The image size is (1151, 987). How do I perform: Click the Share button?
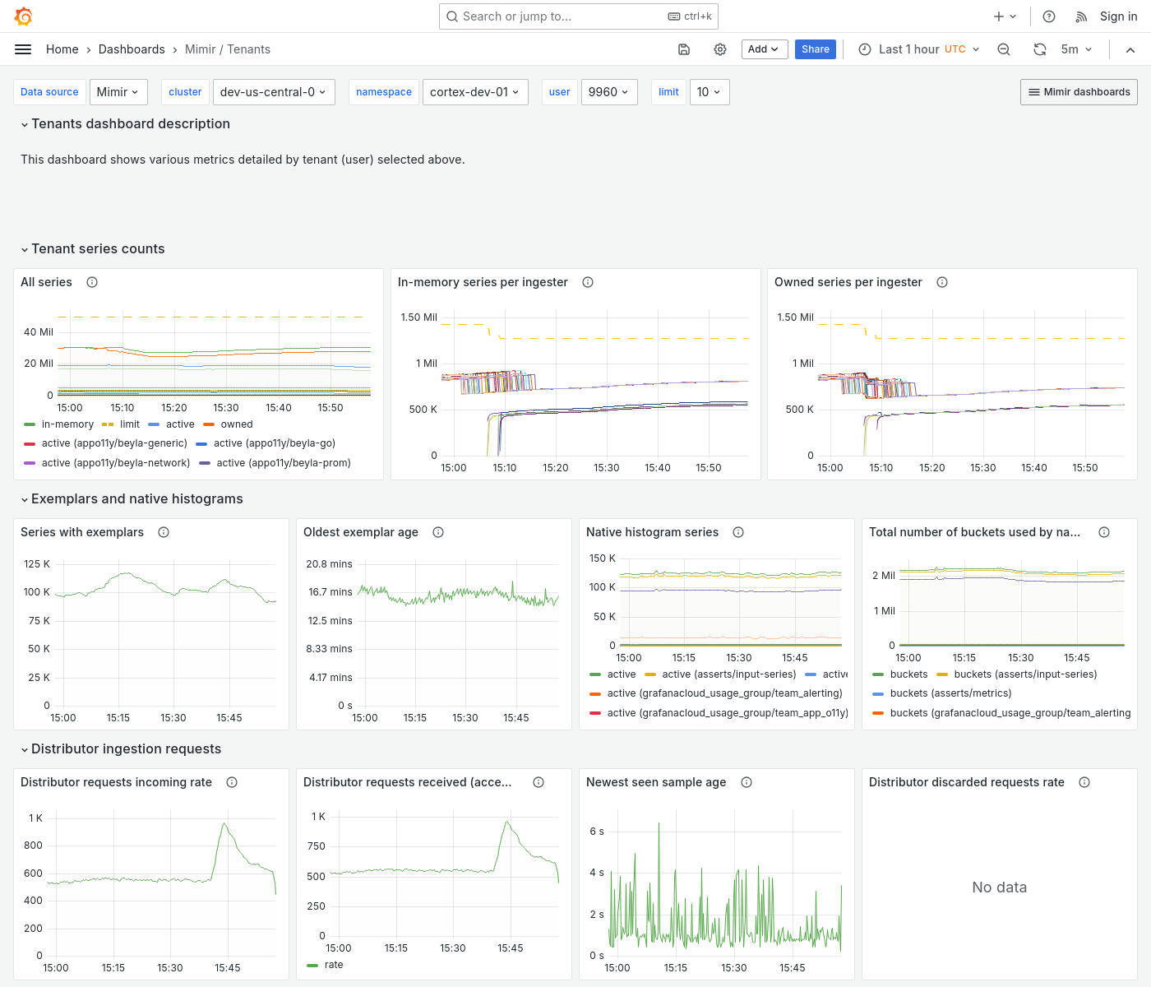tap(815, 49)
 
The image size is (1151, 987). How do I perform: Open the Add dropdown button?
tap(764, 49)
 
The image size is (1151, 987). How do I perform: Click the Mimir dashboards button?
tap(1079, 92)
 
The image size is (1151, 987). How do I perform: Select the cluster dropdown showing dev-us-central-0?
tap(272, 92)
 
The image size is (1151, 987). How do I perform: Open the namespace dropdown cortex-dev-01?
tap(474, 92)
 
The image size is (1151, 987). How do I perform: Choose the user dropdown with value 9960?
tap(608, 92)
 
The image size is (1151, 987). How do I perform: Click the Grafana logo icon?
tap(24, 16)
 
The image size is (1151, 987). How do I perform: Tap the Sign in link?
tap(1118, 16)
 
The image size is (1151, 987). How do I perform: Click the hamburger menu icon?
tap(23, 49)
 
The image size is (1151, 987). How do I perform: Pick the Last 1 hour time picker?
tap(919, 49)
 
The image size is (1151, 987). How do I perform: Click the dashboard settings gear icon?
tap(720, 49)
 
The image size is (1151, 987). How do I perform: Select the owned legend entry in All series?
tap(236, 424)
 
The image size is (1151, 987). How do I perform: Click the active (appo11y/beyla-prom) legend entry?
tap(283, 463)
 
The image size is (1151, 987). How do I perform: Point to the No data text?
tap(999, 887)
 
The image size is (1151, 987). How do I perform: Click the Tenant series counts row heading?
tap(98, 249)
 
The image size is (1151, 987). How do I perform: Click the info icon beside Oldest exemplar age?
tap(438, 532)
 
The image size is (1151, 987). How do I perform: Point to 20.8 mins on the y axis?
tap(329, 564)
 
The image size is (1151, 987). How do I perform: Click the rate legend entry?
tap(334, 965)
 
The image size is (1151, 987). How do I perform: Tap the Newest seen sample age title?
tap(655, 782)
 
